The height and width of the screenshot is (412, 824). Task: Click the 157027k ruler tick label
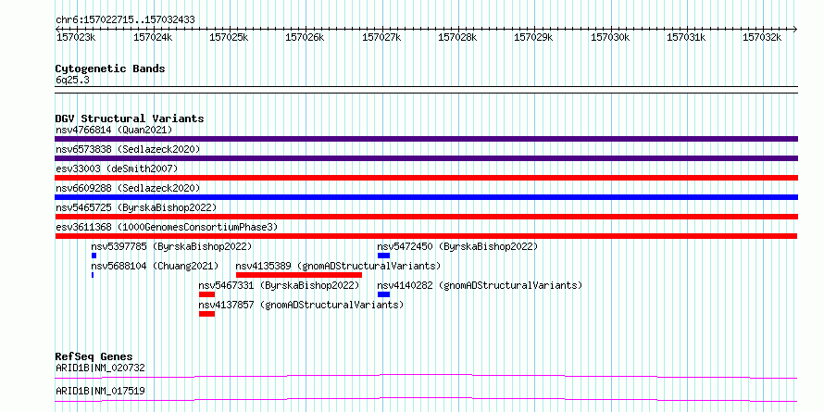[x=381, y=37]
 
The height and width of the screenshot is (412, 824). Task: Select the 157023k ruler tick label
[x=76, y=37]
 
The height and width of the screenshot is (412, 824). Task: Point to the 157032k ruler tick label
[x=762, y=37]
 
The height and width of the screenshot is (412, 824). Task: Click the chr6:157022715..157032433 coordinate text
[x=125, y=20]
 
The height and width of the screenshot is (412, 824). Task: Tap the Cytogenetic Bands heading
[x=110, y=69]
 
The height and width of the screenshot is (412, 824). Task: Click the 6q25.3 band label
[x=72, y=81]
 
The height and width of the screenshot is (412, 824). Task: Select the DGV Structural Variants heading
[x=130, y=119]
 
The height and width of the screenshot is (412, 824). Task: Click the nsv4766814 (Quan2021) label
[x=114, y=130]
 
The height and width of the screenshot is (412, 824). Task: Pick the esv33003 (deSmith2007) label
[x=117, y=169]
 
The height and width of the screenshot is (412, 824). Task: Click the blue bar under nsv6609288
[x=426, y=197]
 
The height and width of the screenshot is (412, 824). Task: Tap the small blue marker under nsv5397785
[x=94, y=256]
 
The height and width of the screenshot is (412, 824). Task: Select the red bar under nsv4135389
[x=299, y=275]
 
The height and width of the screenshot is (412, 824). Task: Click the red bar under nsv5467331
[x=206, y=294]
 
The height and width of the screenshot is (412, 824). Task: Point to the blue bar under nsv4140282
[x=383, y=294]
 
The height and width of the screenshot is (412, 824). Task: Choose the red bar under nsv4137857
[x=206, y=314]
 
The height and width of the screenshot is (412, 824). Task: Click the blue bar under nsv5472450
[x=383, y=256]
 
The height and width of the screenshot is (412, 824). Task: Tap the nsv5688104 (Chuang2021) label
[x=155, y=266]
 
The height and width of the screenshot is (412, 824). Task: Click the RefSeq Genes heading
[x=94, y=356]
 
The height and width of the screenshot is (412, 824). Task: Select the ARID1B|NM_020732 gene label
[x=100, y=368]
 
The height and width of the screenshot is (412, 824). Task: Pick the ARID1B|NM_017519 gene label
[x=100, y=391]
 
